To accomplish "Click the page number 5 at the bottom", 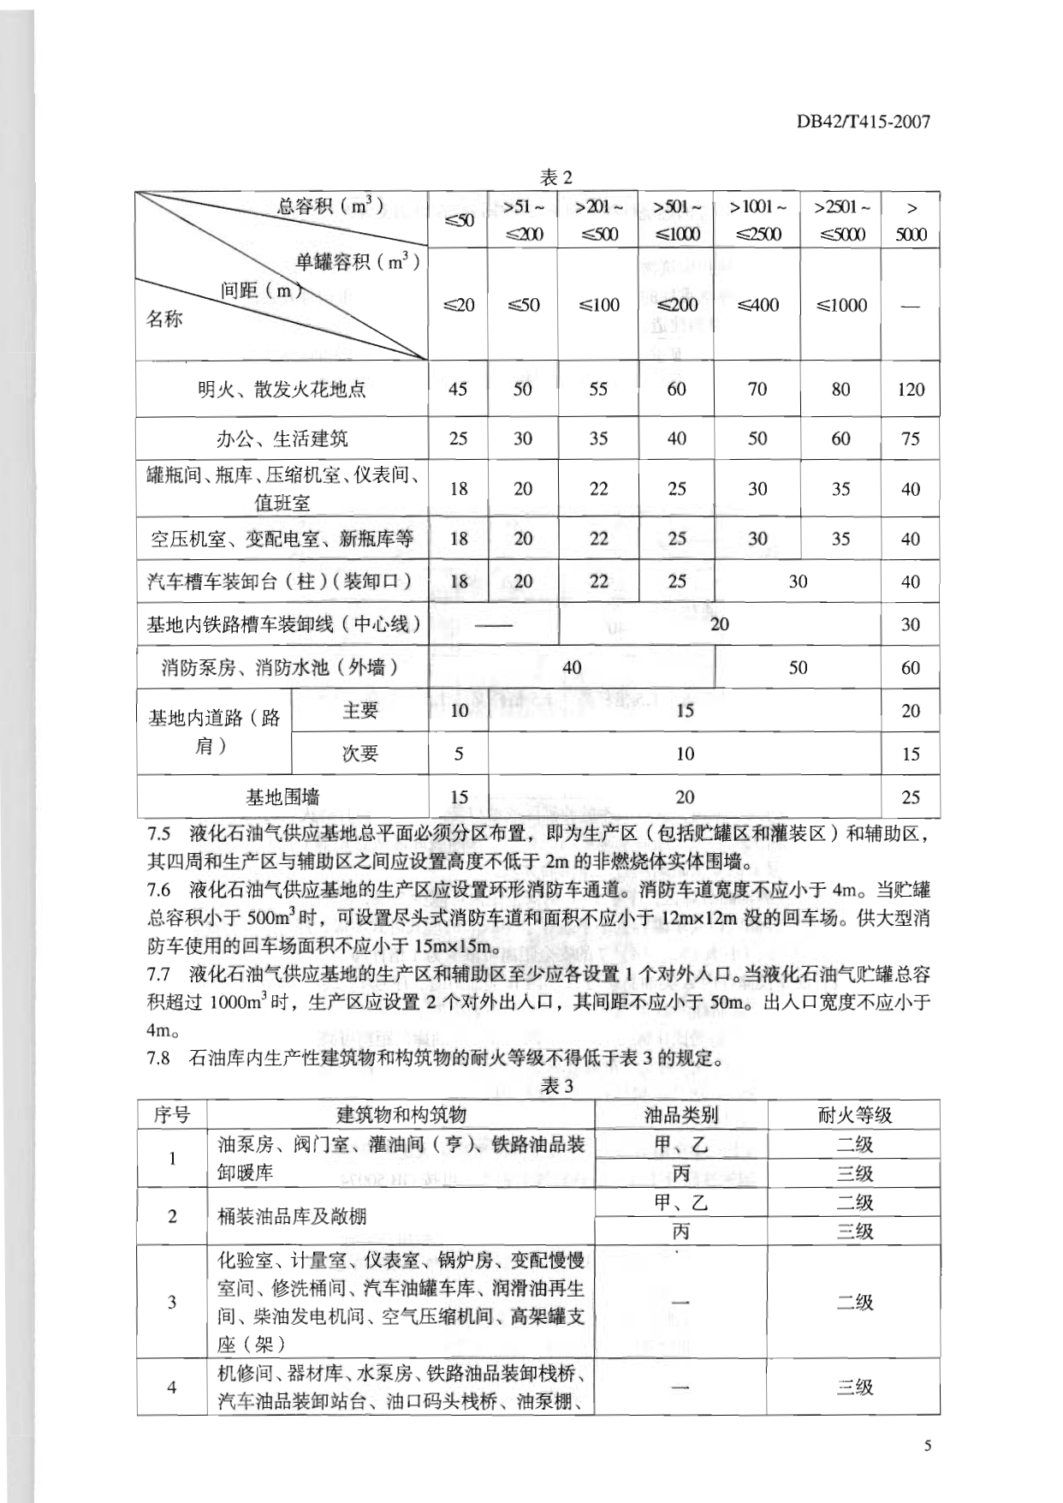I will pyautogui.click(x=928, y=1446).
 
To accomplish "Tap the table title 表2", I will pyautogui.click(x=555, y=177).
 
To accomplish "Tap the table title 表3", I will pyautogui.click(x=556, y=1086).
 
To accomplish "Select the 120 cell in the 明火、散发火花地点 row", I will pyautogui.click(x=911, y=389).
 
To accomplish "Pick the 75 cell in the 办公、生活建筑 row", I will pyautogui.click(x=911, y=439).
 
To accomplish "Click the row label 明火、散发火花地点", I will pyautogui.click(x=282, y=389).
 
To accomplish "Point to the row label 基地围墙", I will pyautogui.click(x=282, y=797).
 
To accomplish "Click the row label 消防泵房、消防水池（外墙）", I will pyautogui.click(x=282, y=667).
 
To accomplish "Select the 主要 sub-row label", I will pyautogui.click(x=359, y=710).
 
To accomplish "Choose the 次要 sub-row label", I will pyautogui.click(x=359, y=754).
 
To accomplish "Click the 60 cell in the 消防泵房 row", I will pyautogui.click(x=911, y=667).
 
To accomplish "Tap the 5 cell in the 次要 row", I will pyautogui.click(x=459, y=754).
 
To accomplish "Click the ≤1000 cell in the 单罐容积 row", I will pyautogui.click(x=841, y=305).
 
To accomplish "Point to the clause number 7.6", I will pyautogui.click(x=159, y=890).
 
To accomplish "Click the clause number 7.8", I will pyautogui.click(x=159, y=1058).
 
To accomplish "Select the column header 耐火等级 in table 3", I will pyautogui.click(x=854, y=1114).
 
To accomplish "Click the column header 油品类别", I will pyautogui.click(x=680, y=1114).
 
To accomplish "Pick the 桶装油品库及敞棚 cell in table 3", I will pyautogui.click(x=293, y=1216).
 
